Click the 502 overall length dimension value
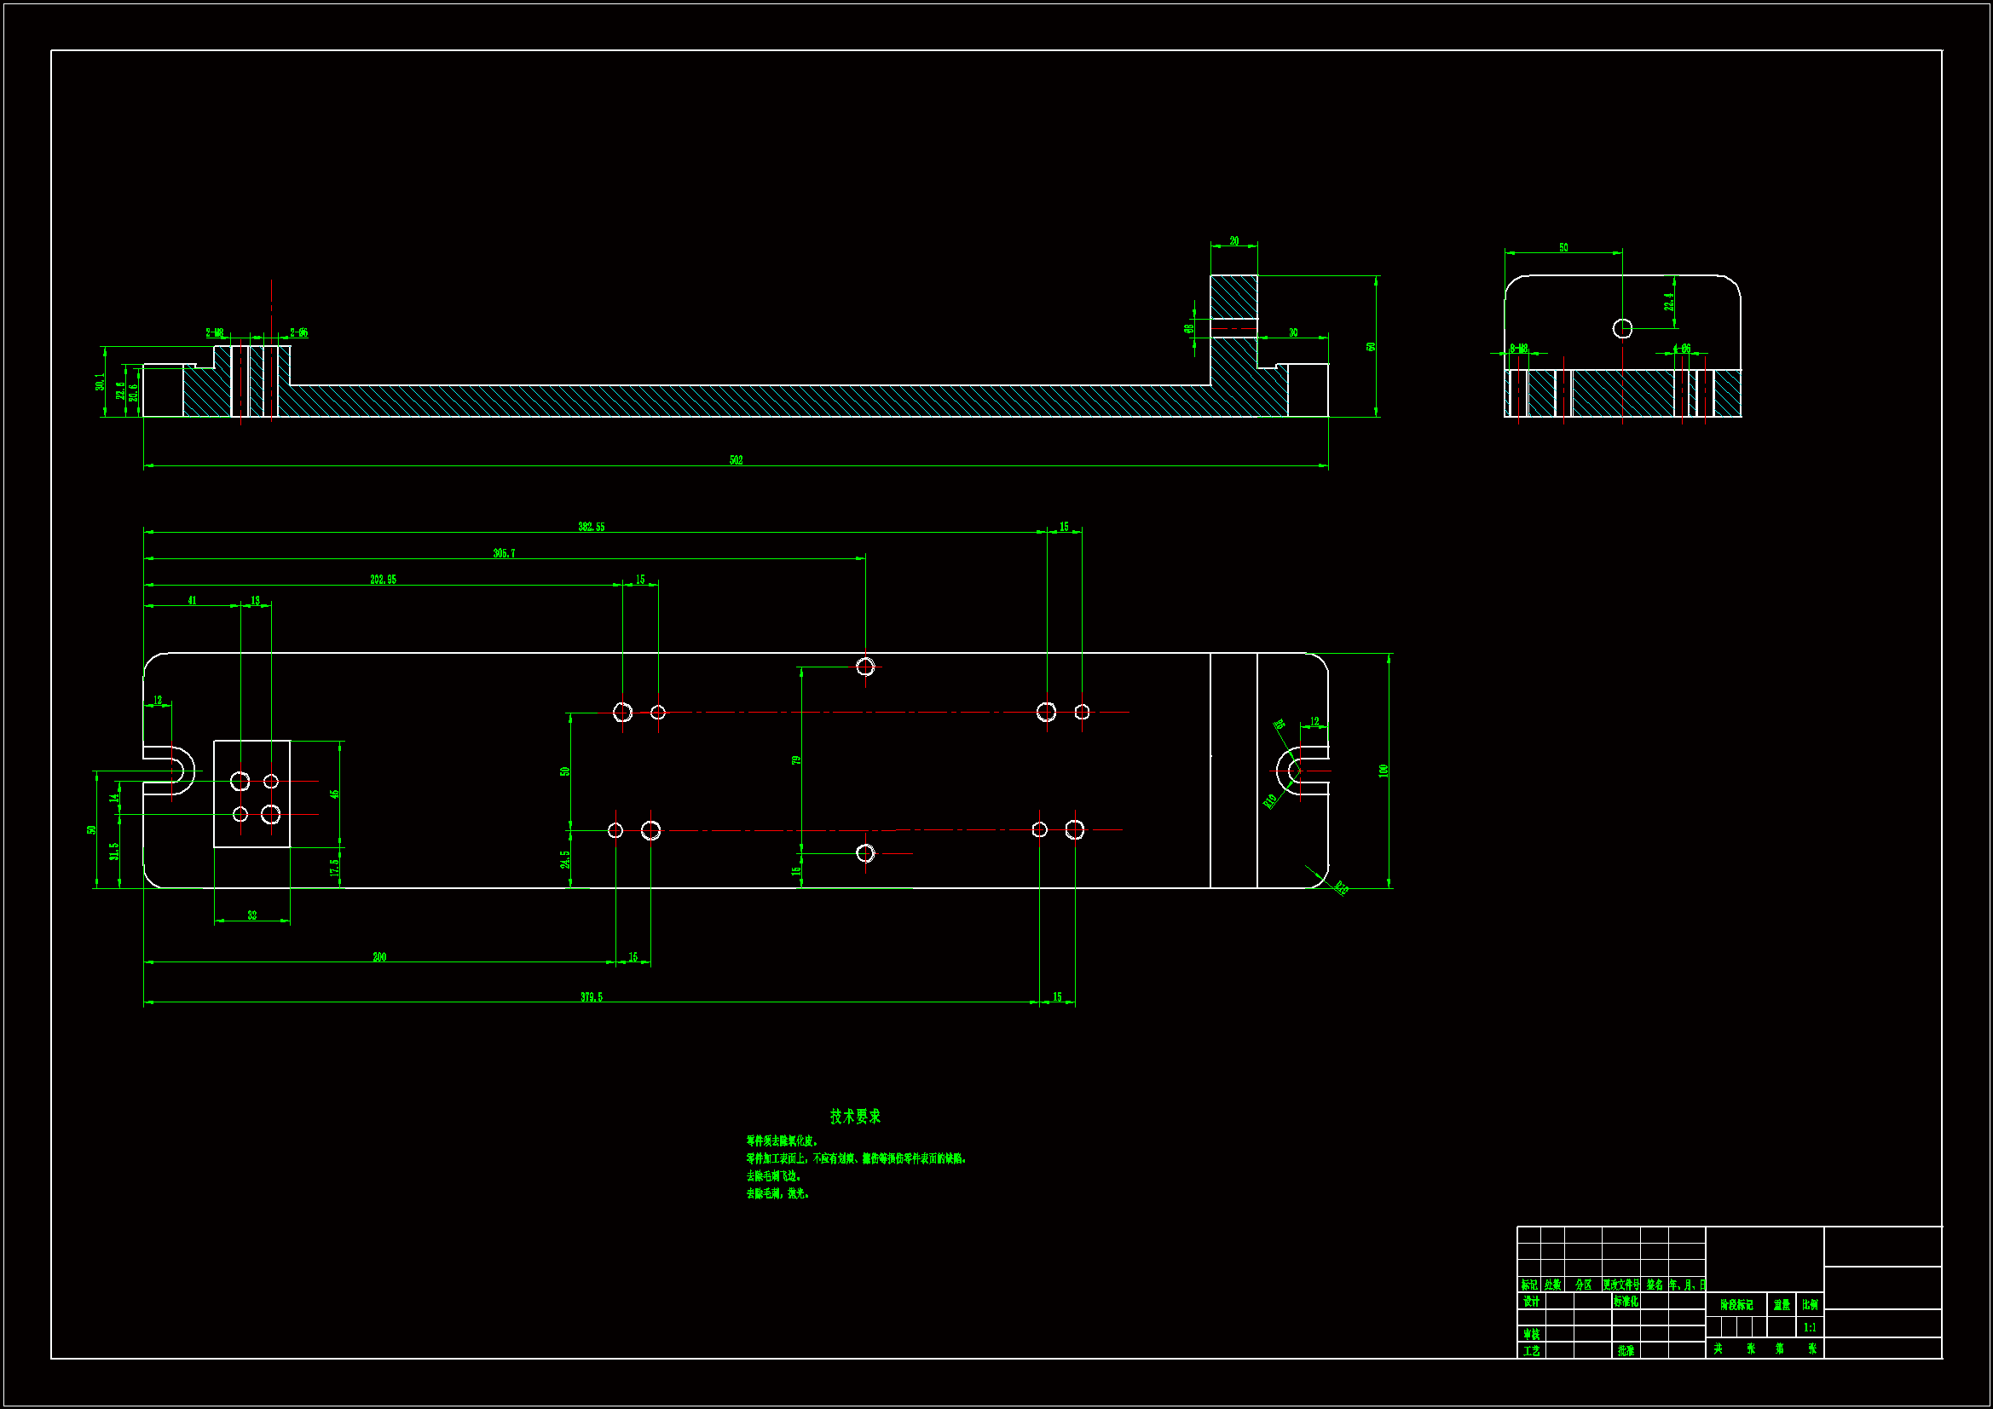[737, 460]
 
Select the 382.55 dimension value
[591, 527]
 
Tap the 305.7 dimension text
[504, 553]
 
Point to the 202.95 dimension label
[383, 579]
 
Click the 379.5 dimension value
[591, 996]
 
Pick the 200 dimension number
[379, 956]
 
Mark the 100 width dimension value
[1384, 770]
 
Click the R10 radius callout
[1270, 800]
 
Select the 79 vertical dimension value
[796, 760]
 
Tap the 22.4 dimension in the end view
[1668, 301]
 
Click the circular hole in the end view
[1622, 328]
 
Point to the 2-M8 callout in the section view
[215, 332]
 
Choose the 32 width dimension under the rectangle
[251, 915]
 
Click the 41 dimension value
[192, 600]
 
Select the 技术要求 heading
[855, 1117]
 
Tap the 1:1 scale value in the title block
[1810, 1327]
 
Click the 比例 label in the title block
[1810, 1305]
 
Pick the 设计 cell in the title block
[1531, 1302]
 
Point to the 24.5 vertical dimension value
[565, 859]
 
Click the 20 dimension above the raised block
[1234, 240]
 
